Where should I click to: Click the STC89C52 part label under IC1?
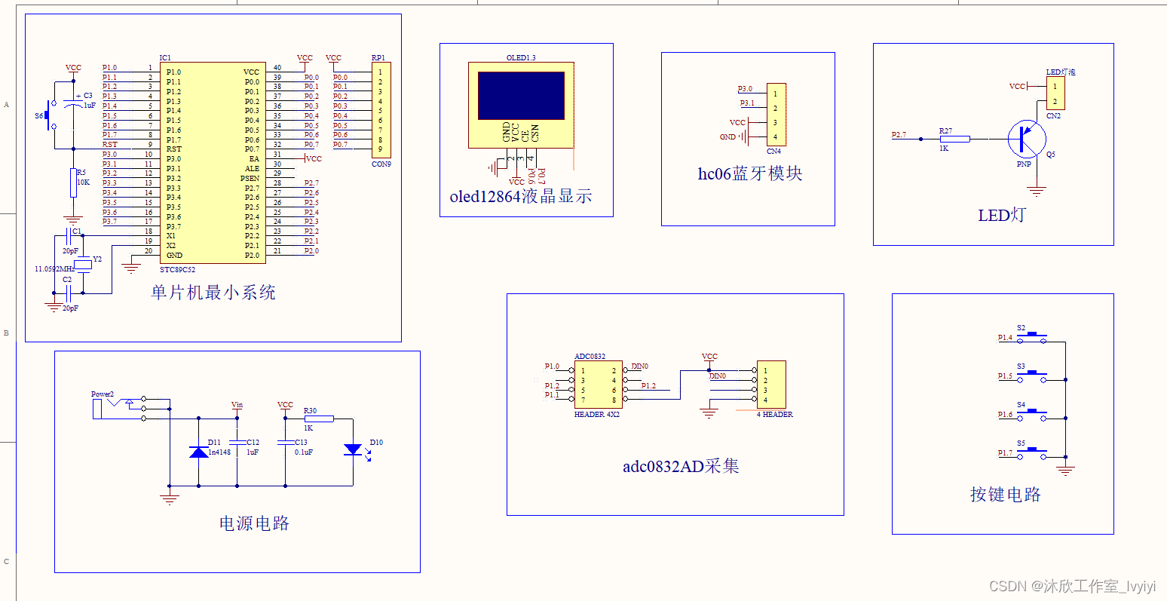point(177,269)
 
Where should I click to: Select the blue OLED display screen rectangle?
point(521,95)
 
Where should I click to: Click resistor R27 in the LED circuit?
point(954,139)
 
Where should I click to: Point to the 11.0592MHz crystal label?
point(54,269)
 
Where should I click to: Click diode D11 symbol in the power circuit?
point(198,452)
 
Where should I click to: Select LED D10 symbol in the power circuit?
point(353,449)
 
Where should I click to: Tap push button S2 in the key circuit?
point(1032,337)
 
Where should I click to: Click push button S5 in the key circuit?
point(1032,452)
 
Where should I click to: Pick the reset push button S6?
point(50,115)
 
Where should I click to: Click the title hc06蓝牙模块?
point(749,173)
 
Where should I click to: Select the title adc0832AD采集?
point(681,466)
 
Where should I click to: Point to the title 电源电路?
point(254,523)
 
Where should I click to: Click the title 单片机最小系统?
point(213,293)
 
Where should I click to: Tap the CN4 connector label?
point(773,152)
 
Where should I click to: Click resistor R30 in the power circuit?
point(318,419)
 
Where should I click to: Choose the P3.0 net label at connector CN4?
point(745,89)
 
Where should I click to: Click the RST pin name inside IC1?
point(173,149)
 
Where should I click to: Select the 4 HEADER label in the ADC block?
point(775,414)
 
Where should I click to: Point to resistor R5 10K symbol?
point(74,182)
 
